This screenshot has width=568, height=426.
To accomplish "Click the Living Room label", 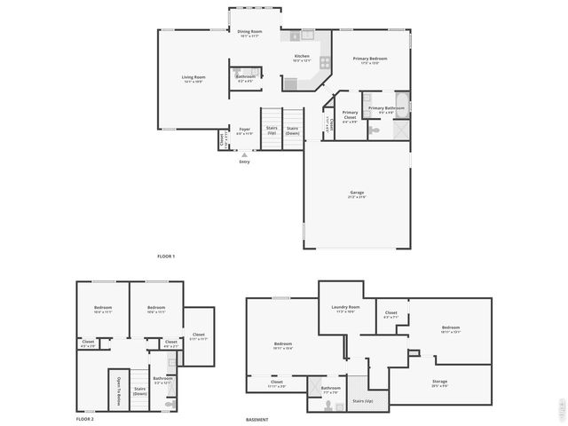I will (193, 78).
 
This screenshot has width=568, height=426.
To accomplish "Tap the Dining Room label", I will (249, 33).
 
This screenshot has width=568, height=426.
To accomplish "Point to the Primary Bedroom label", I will (370, 59).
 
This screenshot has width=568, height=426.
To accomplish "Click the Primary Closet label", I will (350, 114).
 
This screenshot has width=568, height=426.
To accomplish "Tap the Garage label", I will (357, 193).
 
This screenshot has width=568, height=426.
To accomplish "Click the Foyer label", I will (245, 130).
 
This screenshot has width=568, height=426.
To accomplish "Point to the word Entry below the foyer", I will (245, 162).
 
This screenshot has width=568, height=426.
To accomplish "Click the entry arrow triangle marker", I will (245, 154).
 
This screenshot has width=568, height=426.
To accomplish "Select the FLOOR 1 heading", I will (166, 256).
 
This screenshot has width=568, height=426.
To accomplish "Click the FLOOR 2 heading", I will (84, 418).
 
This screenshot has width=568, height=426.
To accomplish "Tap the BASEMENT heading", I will (257, 419).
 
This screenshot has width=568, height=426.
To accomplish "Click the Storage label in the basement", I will (439, 358).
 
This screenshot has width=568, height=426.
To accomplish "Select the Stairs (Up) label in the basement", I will (362, 401).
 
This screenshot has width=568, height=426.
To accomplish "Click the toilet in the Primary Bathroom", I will (375, 130).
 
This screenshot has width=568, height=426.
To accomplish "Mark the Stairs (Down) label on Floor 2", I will (139, 390).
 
